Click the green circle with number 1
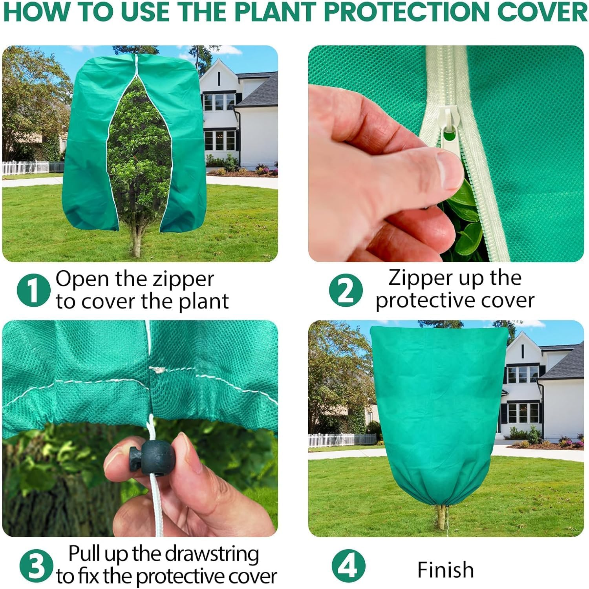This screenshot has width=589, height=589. (33, 291)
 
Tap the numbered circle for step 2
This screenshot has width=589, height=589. (346, 291)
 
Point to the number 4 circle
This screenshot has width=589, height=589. (348, 567)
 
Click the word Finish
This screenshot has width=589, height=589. (445, 570)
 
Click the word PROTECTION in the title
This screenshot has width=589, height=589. (407, 13)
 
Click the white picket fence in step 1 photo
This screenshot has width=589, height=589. (31, 168)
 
